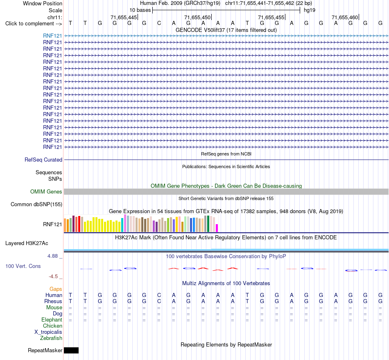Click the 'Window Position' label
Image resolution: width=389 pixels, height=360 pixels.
tap(43, 3)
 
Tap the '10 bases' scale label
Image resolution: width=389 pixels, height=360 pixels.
tap(140, 10)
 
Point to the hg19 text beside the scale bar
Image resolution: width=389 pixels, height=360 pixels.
tap(310, 10)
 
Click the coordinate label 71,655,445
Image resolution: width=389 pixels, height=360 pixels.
tap(124, 17)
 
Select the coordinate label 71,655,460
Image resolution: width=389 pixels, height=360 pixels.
tap(345, 17)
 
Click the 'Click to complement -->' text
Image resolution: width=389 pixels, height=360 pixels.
tap(34, 24)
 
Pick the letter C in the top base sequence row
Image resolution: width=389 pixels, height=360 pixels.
tap(159, 23)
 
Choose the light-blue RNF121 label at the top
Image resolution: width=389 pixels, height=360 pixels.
tap(52, 36)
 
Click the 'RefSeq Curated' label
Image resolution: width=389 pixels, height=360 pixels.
tap(43, 160)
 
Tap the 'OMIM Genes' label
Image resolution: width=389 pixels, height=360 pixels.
tap(46, 191)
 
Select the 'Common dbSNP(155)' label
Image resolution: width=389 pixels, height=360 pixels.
tap(36, 204)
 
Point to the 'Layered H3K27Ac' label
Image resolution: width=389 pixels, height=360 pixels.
tap(27, 243)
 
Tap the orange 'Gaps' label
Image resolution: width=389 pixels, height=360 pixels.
tap(56, 289)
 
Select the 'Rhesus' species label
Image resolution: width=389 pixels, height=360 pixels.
tap(53, 301)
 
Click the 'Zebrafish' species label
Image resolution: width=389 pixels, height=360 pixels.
tap(51, 338)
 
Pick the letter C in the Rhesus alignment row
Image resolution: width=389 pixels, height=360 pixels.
tap(159, 301)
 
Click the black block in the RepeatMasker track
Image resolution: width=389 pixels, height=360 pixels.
tap(71, 350)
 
